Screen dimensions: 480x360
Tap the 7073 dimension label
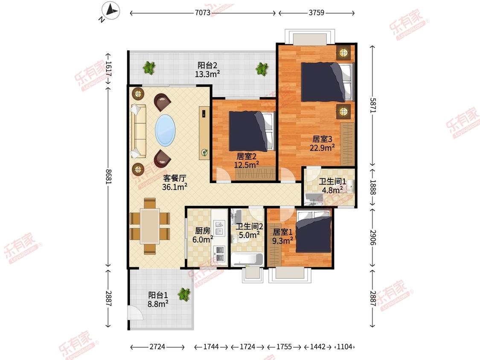click(x=203, y=13)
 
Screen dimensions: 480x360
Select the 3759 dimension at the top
click(x=317, y=13)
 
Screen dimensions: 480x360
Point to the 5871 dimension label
click(x=372, y=105)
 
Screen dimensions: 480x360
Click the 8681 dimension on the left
click(x=108, y=177)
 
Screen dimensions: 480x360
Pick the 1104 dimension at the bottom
click(x=345, y=347)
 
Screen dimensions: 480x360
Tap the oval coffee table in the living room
click(x=165, y=130)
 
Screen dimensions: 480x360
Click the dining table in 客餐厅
click(x=150, y=226)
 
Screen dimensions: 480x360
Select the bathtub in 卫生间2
click(x=247, y=260)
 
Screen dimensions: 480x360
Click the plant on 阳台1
click(x=184, y=294)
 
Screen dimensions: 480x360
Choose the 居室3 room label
click(x=322, y=139)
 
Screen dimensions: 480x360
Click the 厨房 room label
click(x=203, y=230)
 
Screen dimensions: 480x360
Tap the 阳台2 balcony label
click(x=207, y=65)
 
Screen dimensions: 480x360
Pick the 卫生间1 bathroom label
click(x=332, y=181)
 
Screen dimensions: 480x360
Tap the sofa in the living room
click(x=138, y=131)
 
